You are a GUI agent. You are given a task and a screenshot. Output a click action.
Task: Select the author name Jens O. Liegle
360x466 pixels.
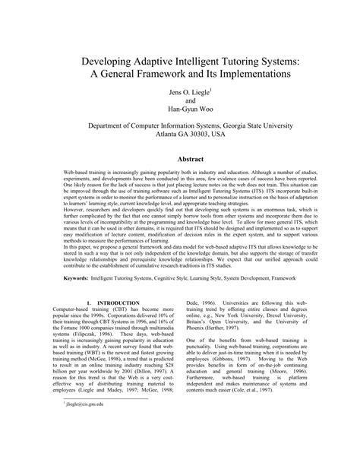tap(178, 94)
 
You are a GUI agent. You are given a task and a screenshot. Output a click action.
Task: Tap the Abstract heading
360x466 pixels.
tap(180, 160)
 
